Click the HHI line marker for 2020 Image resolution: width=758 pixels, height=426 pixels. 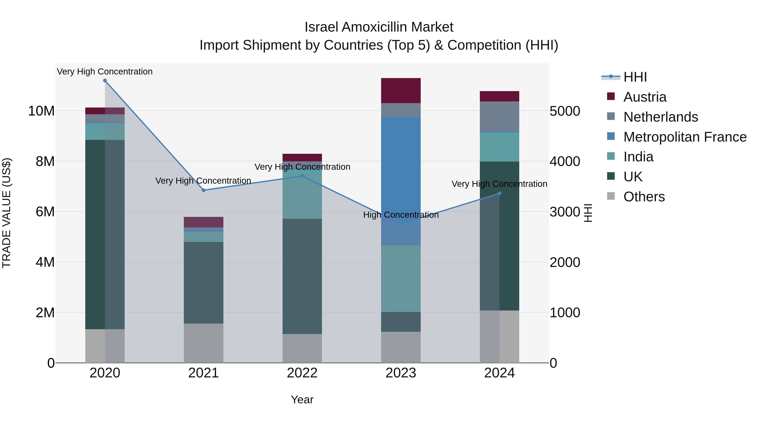coord(105,81)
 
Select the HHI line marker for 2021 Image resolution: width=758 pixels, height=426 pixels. coord(204,190)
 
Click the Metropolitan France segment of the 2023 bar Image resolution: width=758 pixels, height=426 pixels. coord(401,177)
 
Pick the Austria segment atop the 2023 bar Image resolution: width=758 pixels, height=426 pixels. coord(401,90)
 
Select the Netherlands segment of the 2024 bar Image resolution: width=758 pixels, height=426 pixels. coord(499,116)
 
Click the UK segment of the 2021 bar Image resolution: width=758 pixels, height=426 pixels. coord(204,282)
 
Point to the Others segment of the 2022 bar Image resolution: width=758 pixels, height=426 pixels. coord(302,348)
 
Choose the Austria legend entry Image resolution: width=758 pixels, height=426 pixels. coord(645,97)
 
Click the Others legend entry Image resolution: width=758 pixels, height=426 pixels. coord(644,197)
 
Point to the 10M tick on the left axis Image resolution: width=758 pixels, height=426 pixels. coord(41,111)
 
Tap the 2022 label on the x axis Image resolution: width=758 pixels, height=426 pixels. coord(302,373)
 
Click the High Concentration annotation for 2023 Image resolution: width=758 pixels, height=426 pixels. coord(401,215)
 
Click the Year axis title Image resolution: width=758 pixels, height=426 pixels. coord(302,399)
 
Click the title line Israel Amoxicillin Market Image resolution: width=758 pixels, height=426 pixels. coord(379,27)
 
